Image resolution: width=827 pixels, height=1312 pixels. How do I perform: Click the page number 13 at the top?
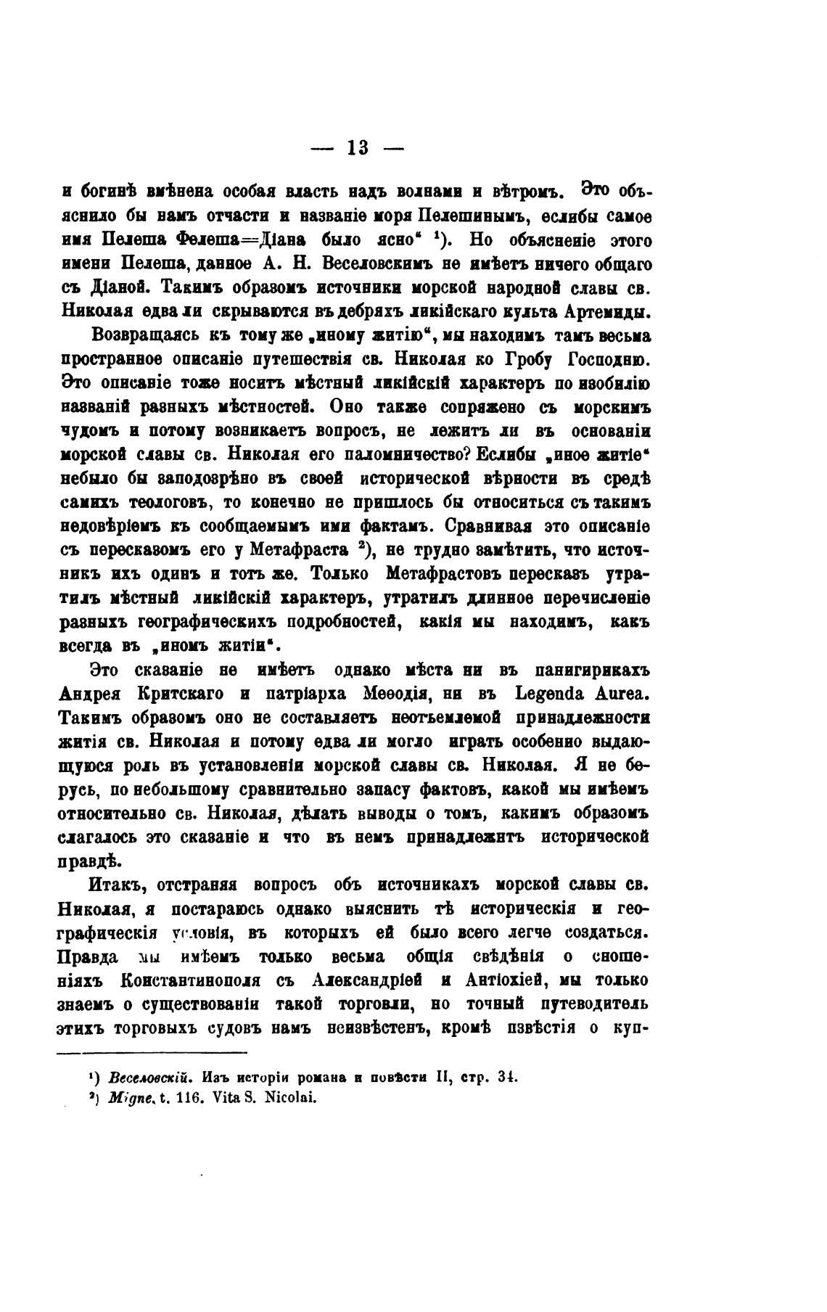click(357, 149)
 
